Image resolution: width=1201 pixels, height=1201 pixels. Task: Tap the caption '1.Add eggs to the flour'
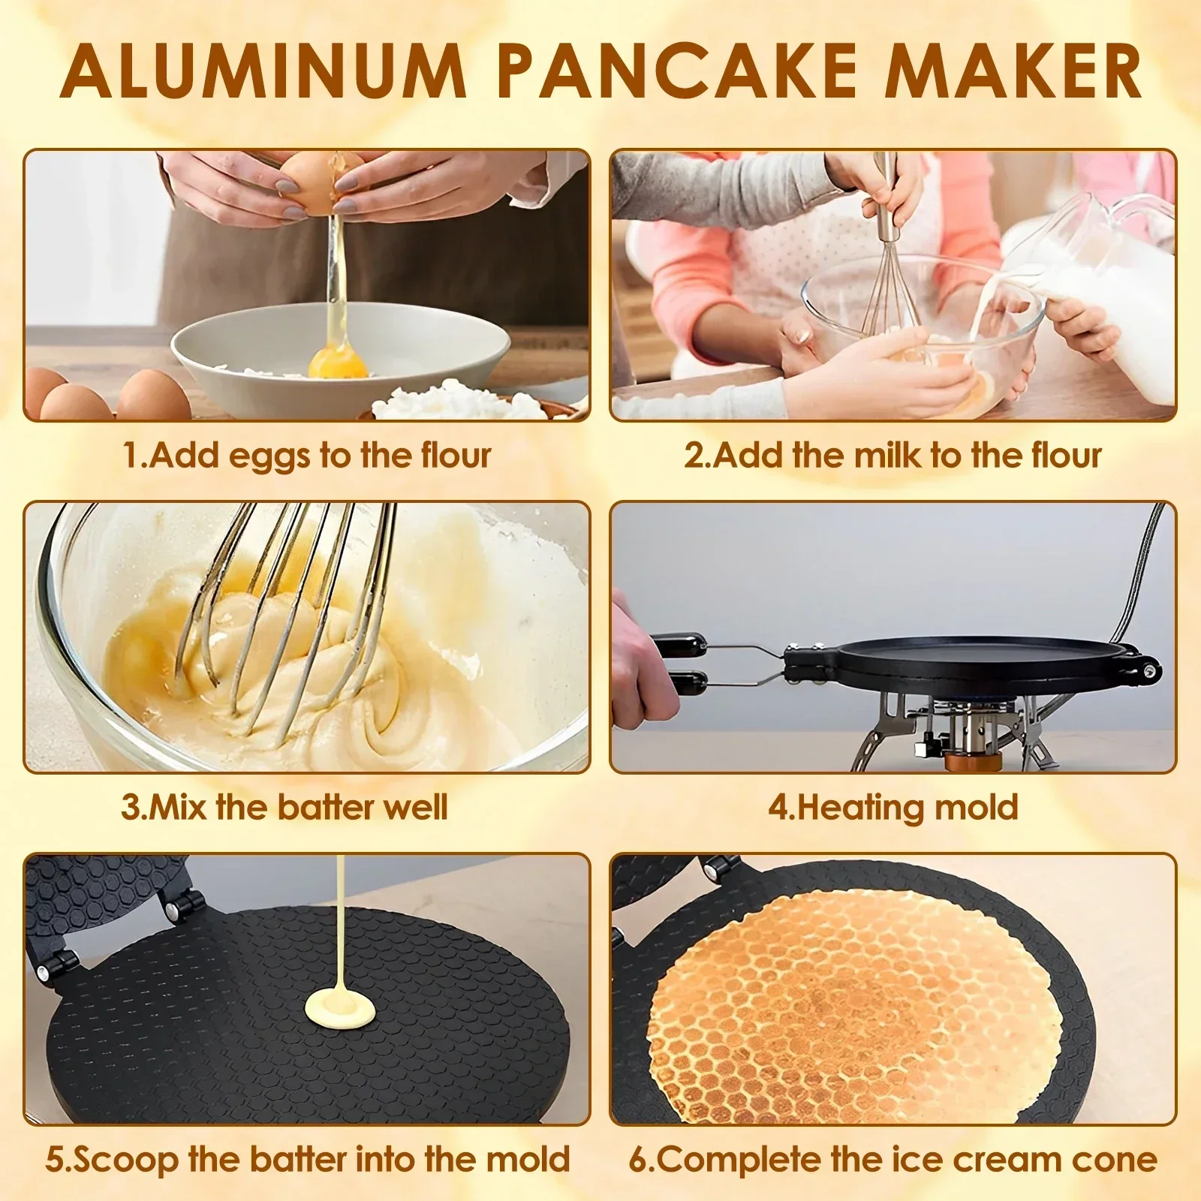pyautogui.click(x=306, y=456)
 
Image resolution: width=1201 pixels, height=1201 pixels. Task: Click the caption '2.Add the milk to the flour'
pyautogui.click(x=892, y=456)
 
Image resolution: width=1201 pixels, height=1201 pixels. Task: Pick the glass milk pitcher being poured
pyautogui.click(x=1096, y=285)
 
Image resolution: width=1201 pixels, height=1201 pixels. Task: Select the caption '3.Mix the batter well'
pyautogui.click(x=284, y=808)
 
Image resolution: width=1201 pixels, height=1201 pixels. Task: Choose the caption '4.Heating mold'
pyautogui.click(x=892, y=808)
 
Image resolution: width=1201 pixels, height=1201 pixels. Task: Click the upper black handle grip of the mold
pyautogui.click(x=680, y=645)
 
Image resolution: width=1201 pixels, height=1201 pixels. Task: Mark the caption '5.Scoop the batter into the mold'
pyautogui.click(x=308, y=1160)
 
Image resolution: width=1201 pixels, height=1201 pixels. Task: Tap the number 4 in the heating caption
pyautogui.click(x=778, y=808)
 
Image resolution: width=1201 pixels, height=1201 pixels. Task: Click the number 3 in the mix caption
pyautogui.click(x=131, y=808)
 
